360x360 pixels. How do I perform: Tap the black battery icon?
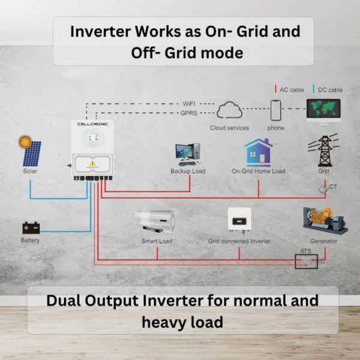[x=31, y=227]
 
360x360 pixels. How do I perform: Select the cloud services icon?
[x=229, y=110]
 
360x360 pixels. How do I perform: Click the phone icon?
[x=275, y=110]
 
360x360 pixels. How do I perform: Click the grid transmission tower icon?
[x=323, y=151]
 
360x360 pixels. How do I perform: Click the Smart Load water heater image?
[x=157, y=222]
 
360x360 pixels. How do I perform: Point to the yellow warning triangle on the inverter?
[x=92, y=163]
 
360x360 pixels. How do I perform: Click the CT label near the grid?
[x=333, y=187]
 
